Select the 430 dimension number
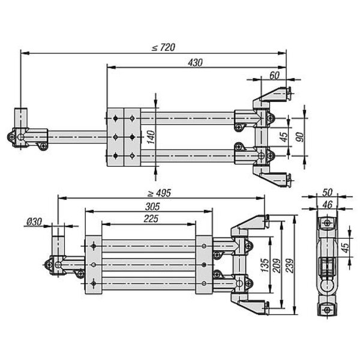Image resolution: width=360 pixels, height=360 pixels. click(195, 62)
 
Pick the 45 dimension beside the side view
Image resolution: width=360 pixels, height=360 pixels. click(346, 247)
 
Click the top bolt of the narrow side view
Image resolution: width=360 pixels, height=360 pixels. click(326, 223)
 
